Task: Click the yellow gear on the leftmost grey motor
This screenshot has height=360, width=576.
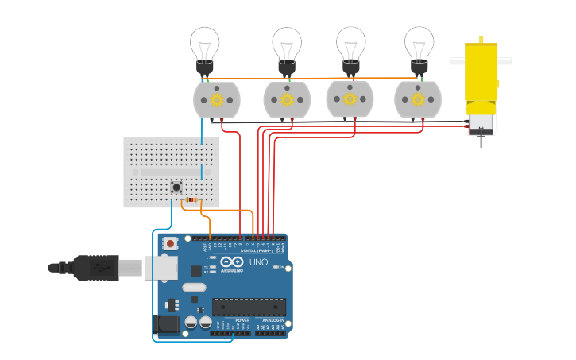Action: [216, 99]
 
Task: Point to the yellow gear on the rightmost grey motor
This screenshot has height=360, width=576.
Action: [417, 99]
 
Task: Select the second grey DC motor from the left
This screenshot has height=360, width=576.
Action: [286, 99]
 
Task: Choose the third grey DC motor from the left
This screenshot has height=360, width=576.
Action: [350, 99]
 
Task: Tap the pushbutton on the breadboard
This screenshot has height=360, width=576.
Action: [176, 188]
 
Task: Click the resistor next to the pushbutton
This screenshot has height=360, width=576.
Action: [193, 199]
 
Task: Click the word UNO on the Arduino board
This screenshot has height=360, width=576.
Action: [259, 262]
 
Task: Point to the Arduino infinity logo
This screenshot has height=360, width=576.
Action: [233, 261]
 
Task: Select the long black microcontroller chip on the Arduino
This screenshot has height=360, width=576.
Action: [249, 307]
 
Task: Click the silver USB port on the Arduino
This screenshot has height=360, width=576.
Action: [160, 268]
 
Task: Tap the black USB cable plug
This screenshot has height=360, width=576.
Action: [95, 268]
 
